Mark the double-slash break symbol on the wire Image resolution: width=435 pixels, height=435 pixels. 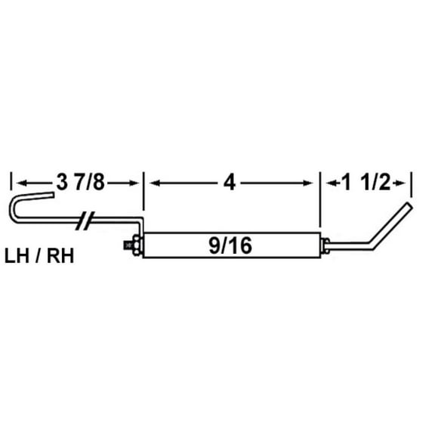88,221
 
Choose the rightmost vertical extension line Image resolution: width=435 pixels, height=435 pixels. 412,184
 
